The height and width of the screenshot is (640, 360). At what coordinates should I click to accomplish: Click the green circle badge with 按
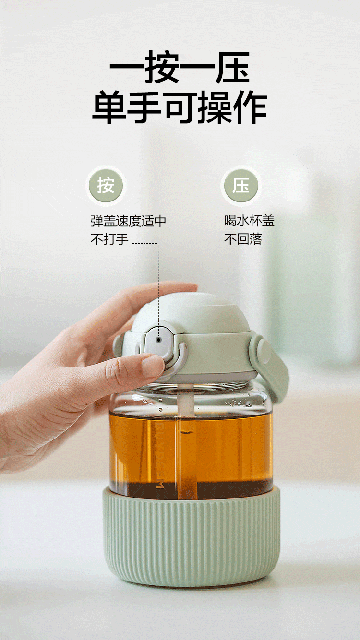[106, 186]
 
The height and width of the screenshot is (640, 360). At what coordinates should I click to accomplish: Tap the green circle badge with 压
[241, 186]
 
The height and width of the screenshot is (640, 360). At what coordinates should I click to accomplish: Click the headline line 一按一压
[180, 68]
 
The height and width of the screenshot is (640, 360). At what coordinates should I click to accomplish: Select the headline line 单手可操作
[180, 107]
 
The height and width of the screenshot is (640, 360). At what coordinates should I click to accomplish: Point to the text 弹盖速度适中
[128, 221]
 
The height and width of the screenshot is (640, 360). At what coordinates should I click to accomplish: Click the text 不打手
[109, 239]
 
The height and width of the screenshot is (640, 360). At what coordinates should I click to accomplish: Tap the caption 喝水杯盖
[249, 221]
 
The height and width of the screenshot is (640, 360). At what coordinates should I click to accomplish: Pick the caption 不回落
[243, 239]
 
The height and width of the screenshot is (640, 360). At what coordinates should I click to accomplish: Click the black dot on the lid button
[159, 340]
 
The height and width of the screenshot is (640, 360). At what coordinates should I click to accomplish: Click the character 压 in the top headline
[233, 68]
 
